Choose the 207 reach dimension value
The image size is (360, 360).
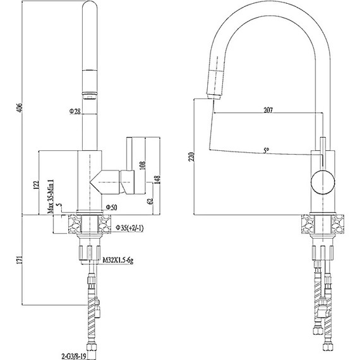click(x=268, y=111)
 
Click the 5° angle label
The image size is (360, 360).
click(x=267, y=151)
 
